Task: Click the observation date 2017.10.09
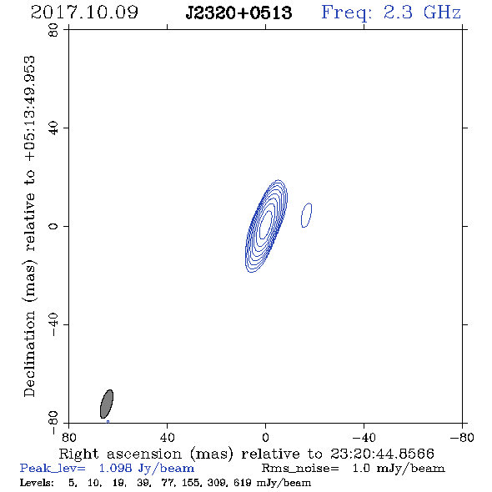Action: pos(84,13)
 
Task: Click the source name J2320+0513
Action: pos(238,13)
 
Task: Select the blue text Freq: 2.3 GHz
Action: pos(391,13)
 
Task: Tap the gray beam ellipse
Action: pos(107,404)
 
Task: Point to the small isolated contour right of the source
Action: pos(307,215)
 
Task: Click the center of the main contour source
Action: pos(266,226)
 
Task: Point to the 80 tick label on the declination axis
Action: pos(53,30)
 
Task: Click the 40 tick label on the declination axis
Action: pos(53,128)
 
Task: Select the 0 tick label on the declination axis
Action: pos(53,226)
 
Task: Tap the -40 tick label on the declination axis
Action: pos(53,324)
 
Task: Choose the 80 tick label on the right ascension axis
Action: pos(68,438)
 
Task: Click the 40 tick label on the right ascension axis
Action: pos(167,438)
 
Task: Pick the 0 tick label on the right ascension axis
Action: pos(265,438)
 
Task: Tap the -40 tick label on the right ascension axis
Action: pos(364,438)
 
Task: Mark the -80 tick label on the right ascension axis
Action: pos(462,438)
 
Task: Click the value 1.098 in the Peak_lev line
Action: pos(115,468)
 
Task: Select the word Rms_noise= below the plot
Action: pos(300,469)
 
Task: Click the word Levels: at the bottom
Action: pos(37,483)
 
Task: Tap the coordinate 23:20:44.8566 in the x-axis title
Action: pos(382,454)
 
